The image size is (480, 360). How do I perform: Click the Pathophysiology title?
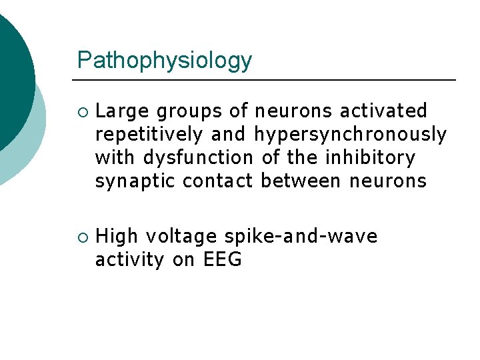(x=165, y=61)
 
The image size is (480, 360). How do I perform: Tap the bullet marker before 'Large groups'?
(x=81, y=111)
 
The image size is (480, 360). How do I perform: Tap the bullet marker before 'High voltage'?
(x=81, y=237)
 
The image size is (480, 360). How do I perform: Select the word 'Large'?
(x=122, y=111)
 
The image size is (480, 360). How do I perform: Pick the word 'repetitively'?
(x=149, y=135)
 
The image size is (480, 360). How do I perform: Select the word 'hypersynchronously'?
(x=350, y=135)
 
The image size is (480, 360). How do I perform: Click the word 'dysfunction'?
(x=199, y=158)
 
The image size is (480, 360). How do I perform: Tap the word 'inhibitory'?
(x=370, y=158)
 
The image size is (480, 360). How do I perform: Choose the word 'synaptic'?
(x=136, y=181)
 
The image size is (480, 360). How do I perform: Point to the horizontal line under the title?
(x=267, y=80)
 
